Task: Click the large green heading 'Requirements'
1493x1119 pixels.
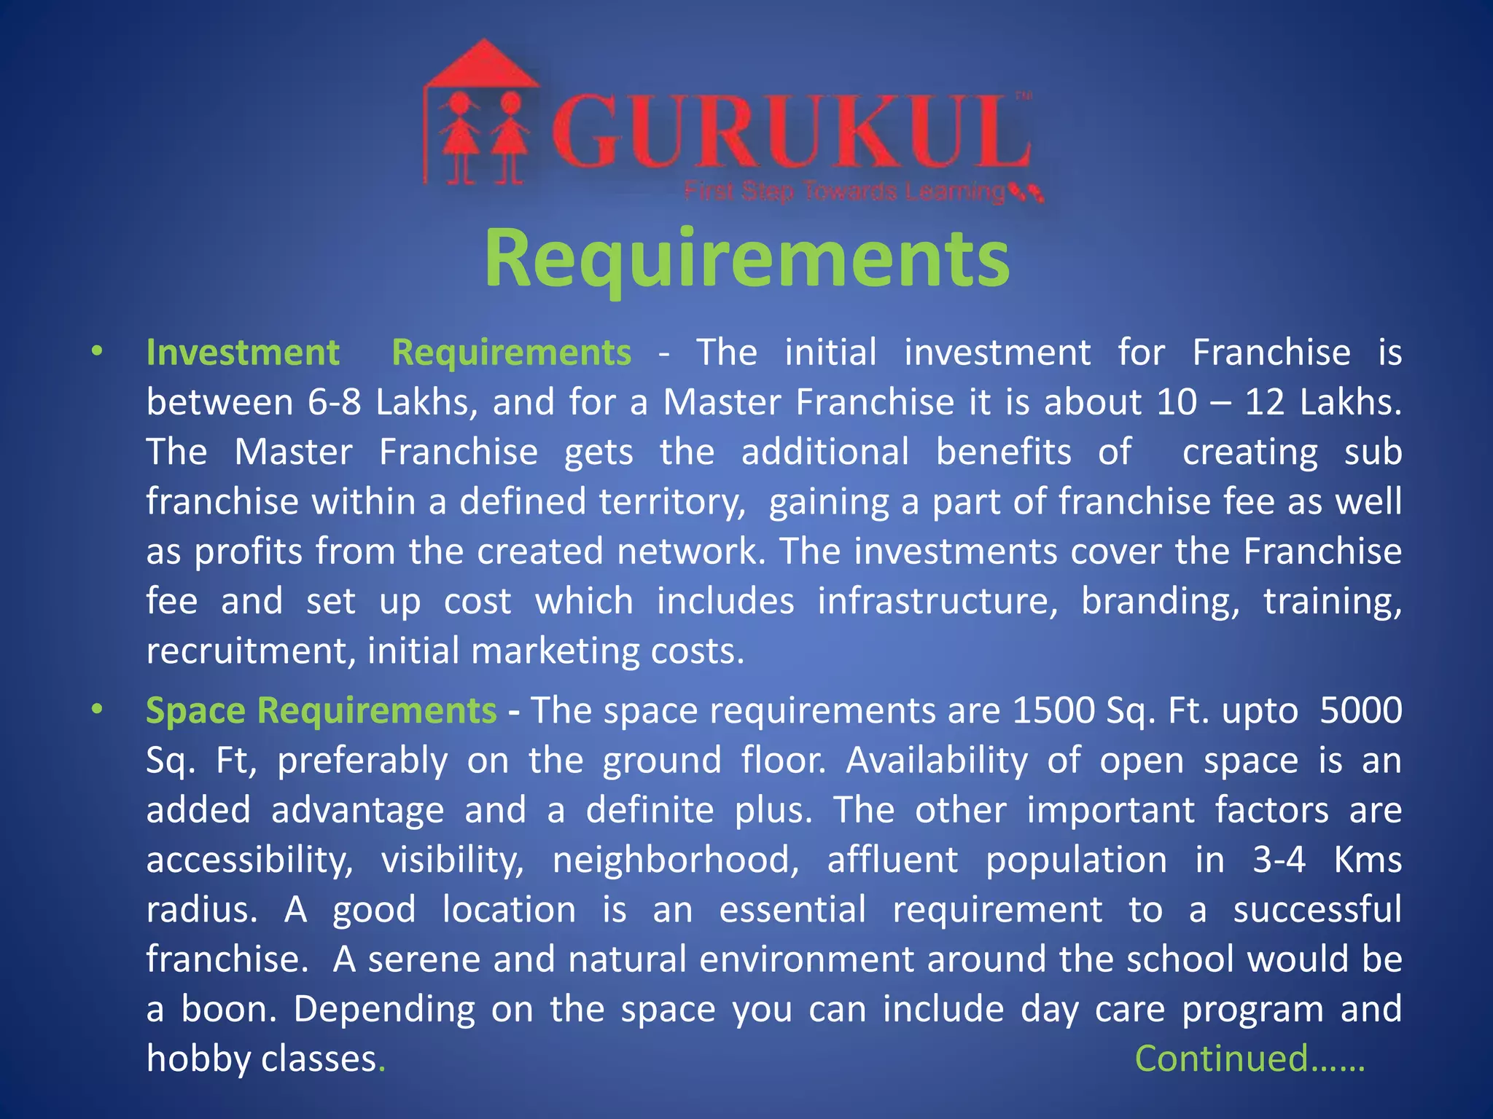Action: tap(746, 259)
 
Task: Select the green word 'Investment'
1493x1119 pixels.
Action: tap(243, 353)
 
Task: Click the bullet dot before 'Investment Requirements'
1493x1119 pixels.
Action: tap(97, 352)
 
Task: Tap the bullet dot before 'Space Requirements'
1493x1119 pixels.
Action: tap(97, 709)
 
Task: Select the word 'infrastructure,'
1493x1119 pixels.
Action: tap(937, 602)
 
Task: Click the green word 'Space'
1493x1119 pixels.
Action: tap(195, 710)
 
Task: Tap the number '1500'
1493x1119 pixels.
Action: tap(1053, 710)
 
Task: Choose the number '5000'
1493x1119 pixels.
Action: tap(1360, 710)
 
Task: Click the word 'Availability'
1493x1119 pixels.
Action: tap(937, 761)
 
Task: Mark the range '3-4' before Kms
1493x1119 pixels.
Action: tap(1279, 860)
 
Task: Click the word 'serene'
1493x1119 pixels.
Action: tap(424, 959)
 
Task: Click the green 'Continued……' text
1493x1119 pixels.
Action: tap(1249, 1059)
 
